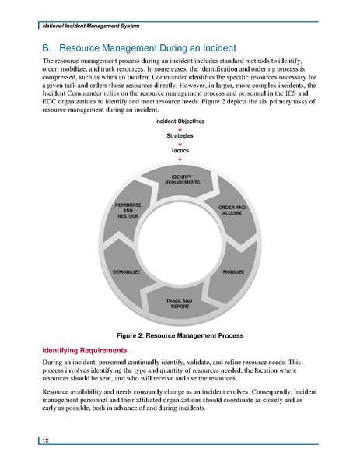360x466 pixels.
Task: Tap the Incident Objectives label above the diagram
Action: (180, 122)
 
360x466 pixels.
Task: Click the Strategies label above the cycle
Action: (180, 136)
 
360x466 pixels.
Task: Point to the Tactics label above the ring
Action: (180, 150)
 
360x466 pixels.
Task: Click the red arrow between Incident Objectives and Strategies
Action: (180, 129)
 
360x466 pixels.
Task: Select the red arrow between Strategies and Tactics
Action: (180, 143)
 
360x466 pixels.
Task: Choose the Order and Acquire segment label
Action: (232, 211)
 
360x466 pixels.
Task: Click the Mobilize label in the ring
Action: (233, 272)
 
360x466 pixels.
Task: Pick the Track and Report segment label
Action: (180, 303)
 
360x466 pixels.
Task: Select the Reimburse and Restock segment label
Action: (128, 210)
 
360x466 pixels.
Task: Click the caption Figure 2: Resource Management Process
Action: (180, 335)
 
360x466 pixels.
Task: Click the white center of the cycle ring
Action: (180, 241)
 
